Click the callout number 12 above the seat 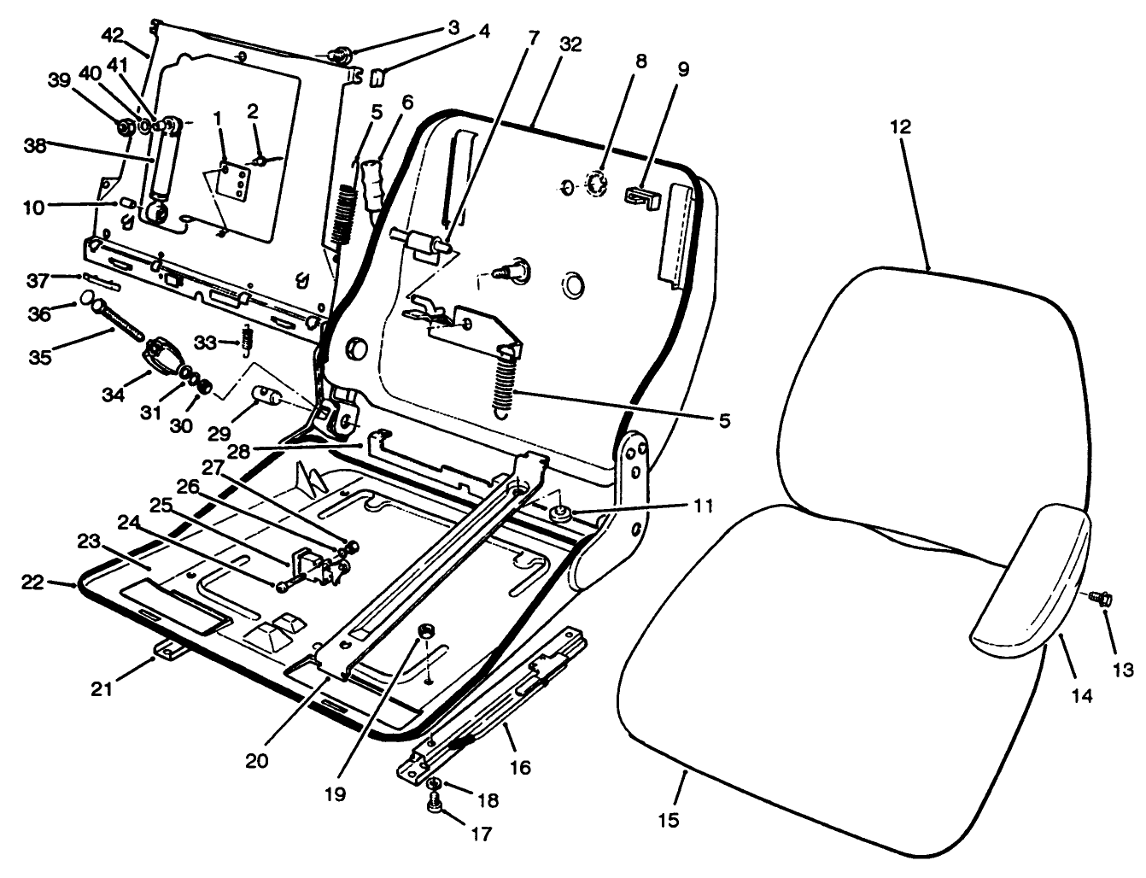(x=900, y=127)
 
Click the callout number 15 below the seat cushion (x=669, y=821)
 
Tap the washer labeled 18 (x=435, y=783)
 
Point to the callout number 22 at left (x=32, y=582)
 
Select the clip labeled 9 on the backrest (x=643, y=197)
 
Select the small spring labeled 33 (x=248, y=338)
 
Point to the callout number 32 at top (x=570, y=44)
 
